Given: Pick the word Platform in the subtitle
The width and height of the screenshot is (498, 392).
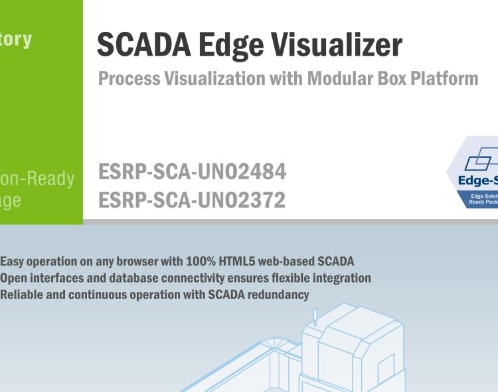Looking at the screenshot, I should tap(445, 78).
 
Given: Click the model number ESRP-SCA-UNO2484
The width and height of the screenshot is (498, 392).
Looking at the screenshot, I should tap(193, 172).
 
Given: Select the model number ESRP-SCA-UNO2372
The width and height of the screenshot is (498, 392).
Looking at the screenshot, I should tap(192, 200).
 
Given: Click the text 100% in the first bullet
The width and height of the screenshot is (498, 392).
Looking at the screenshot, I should tap(204, 262).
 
